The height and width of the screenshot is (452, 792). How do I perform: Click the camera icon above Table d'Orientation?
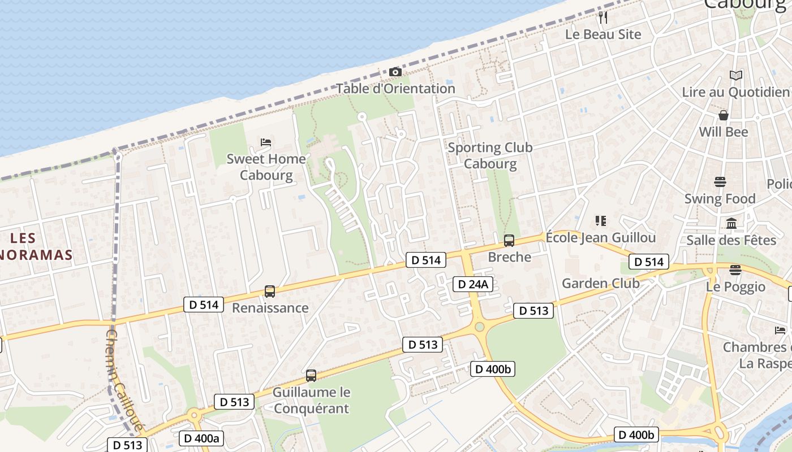click(395, 72)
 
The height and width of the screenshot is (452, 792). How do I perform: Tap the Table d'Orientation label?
click(396, 89)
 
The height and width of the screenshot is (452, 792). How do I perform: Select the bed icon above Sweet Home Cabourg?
click(266, 142)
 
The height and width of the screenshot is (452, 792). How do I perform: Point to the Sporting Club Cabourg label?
click(490, 155)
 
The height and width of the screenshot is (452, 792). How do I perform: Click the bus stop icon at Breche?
click(509, 241)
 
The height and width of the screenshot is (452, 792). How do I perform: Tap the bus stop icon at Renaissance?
click(270, 292)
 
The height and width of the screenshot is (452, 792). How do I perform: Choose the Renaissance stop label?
click(270, 308)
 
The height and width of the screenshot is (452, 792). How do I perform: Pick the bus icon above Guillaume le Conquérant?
click(311, 375)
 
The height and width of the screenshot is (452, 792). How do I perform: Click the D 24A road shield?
click(472, 284)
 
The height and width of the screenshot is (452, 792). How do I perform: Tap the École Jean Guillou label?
click(601, 237)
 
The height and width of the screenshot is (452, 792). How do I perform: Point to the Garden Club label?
click(601, 283)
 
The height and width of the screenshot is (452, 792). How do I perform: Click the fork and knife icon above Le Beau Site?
click(603, 18)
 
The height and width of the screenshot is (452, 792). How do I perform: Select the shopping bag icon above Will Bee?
click(723, 115)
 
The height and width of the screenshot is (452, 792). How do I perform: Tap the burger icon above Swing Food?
click(720, 182)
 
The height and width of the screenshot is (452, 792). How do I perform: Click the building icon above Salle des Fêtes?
click(731, 224)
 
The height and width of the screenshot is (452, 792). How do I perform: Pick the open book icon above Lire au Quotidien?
click(735, 75)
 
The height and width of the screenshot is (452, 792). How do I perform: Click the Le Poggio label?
click(735, 286)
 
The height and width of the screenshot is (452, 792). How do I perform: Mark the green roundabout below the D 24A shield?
click(480, 327)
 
